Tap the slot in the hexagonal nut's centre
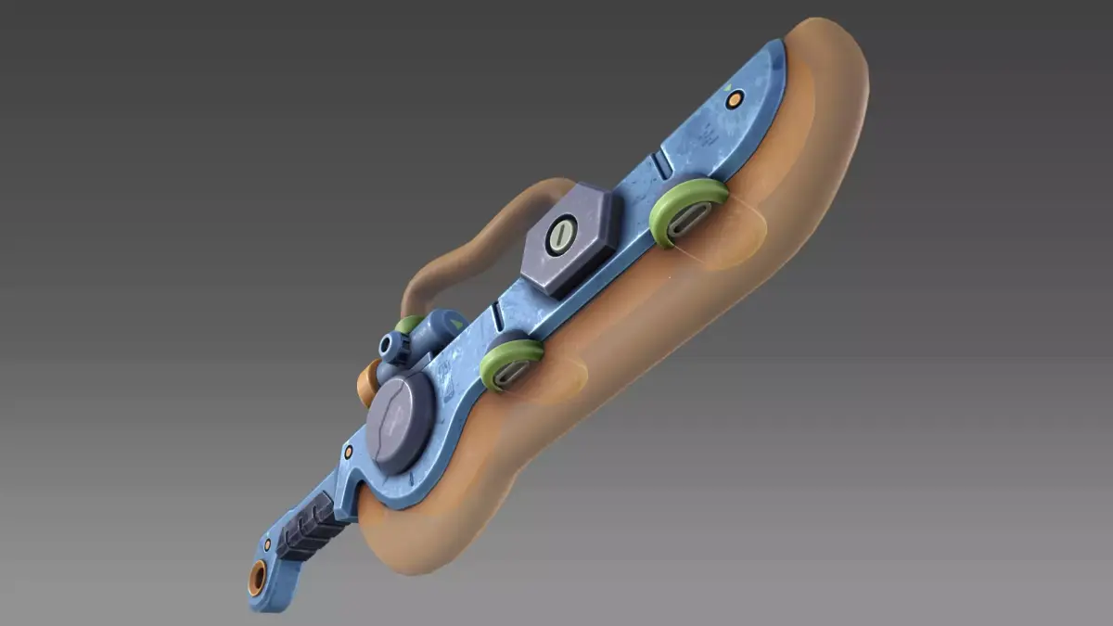560,236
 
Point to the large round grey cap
399,423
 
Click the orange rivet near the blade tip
734,99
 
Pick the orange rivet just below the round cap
349,452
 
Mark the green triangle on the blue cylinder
455,324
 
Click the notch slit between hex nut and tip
661,166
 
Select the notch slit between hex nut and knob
497,316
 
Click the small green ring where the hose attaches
409,324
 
